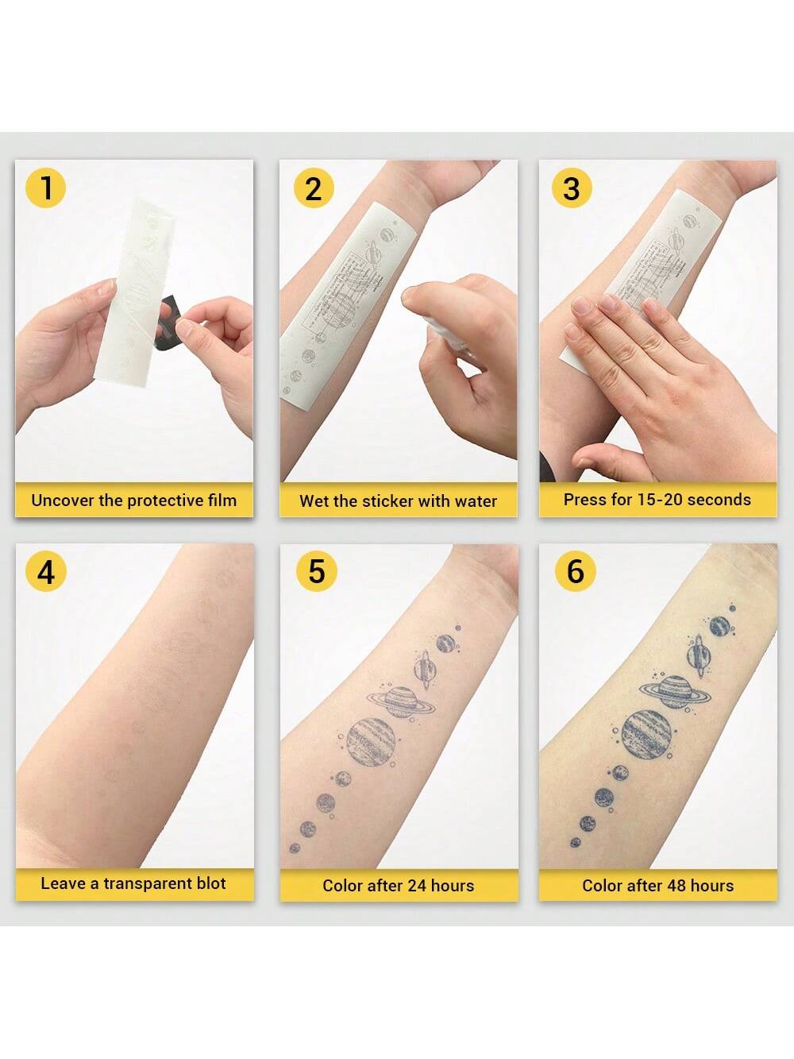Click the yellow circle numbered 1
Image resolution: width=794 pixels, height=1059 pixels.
45,187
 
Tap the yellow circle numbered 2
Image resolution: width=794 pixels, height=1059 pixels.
314,188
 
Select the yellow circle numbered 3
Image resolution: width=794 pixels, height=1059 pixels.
572,188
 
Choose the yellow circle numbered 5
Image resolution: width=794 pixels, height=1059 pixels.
316,570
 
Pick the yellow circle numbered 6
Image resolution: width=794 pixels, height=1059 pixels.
575,570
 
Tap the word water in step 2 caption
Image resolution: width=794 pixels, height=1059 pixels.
476,501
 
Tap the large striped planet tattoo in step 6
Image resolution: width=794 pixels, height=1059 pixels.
646,734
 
